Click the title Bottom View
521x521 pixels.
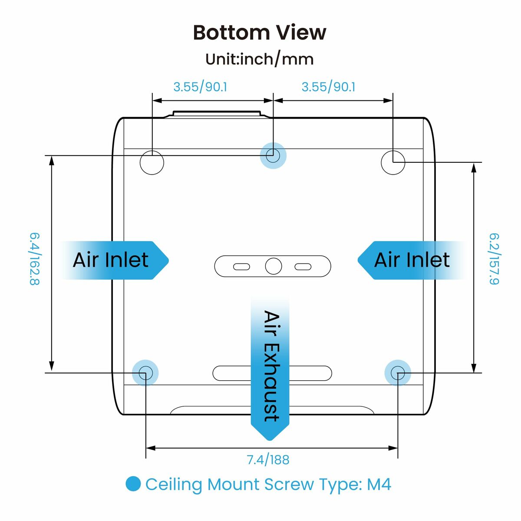tap(260, 33)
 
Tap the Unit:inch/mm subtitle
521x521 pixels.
tap(260, 59)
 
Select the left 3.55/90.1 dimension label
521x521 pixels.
tap(200, 87)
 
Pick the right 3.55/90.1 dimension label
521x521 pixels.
tap(328, 87)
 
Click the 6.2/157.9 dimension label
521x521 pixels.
tap(494, 259)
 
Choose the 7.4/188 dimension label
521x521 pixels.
tap(268, 459)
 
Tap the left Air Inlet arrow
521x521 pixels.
tap(114, 260)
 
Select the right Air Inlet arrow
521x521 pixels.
tap(410, 260)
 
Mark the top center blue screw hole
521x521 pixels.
tap(273, 155)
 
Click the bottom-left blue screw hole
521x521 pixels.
tap(145, 373)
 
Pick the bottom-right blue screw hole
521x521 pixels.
tap(398, 373)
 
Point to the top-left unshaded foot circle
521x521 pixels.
tap(152, 162)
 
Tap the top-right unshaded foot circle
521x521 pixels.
tap(393, 162)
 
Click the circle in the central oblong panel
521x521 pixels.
tap(273, 266)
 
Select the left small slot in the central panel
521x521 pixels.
tap(241, 267)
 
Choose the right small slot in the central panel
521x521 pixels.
tap(303, 267)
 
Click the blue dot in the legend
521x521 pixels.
tap(133, 484)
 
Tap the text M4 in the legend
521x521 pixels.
tap(379, 484)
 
